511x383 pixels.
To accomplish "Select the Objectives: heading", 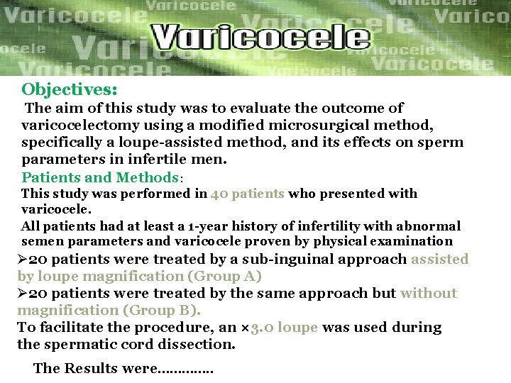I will (x=70, y=90).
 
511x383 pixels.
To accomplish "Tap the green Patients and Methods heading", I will (x=99, y=177).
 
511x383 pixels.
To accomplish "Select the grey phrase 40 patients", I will (x=248, y=194).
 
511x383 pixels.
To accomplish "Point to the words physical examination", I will (x=391, y=242).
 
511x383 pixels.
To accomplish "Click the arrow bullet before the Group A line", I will (x=23, y=260).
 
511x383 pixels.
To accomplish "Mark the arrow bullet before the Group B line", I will (x=23, y=294).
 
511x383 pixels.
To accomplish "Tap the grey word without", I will (x=429, y=294).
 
